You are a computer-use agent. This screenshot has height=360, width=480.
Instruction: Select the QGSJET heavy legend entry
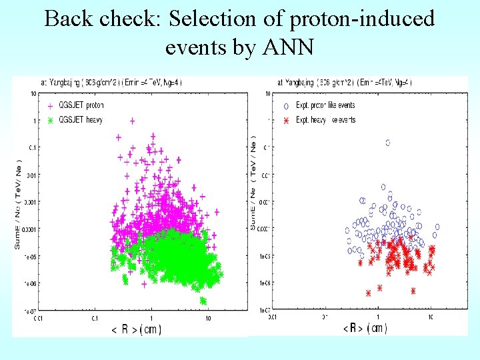pos(80,119)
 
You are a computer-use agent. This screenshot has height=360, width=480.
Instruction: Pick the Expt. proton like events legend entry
pos(325,105)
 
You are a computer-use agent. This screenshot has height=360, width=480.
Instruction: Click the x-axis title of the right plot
pos(365,328)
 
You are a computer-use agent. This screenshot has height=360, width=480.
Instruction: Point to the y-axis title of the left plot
pos(18,203)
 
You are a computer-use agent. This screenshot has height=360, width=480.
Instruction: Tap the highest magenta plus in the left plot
pos(133,121)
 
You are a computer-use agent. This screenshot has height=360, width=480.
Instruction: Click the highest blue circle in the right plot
pos(387,143)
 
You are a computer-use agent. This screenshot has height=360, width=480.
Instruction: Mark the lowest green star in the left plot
pos(203,301)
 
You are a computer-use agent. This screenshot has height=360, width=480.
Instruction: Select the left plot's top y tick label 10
pos(33,93)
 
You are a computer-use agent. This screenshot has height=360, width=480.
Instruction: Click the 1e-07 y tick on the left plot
pos(30,311)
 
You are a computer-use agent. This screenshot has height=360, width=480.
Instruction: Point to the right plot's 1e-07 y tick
pos(265,311)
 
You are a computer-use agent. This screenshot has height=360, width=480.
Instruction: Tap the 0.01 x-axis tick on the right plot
pos(273,318)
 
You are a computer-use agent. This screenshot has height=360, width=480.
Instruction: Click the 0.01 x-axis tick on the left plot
pos(39,318)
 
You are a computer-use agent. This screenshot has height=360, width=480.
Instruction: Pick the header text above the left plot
pos(111,83)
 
